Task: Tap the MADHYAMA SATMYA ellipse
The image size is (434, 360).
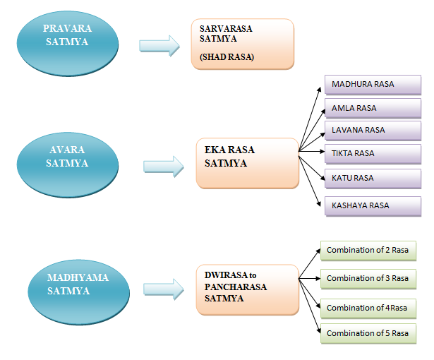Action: (78, 284)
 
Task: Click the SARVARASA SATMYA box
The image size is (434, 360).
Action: (242, 44)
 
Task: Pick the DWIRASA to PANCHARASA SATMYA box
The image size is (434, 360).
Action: (247, 289)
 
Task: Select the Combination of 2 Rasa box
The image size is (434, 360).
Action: (368, 251)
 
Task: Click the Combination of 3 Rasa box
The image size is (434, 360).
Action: (368, 278)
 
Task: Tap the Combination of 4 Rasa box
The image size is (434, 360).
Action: (368, 308)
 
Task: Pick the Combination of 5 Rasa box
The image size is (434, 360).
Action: (368, 333)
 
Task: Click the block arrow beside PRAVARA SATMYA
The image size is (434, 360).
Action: (159, 45)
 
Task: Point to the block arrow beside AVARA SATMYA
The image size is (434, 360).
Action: (164, 167)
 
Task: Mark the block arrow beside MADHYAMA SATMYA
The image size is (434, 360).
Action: (164, 289)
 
